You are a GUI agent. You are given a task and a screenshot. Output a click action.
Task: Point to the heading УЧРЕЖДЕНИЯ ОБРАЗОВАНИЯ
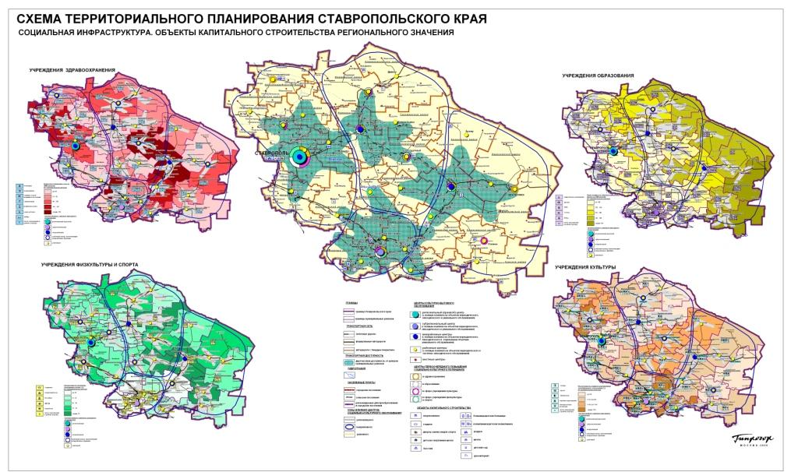tap(598, 76)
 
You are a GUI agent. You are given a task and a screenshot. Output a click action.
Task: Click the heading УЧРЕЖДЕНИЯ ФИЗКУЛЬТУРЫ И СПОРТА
tap(90, 265)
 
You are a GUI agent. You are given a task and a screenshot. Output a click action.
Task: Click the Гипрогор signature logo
tap(754, 439)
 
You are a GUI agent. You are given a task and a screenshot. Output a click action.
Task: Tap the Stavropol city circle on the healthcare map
tap(76, 146)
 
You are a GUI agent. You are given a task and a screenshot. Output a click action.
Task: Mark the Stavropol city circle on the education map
tap(616, 150)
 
